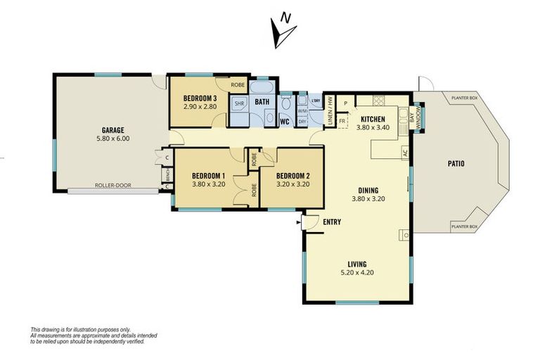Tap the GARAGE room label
(x=112, y=130)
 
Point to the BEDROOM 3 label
(x=200, y=98)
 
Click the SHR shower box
(x=239, y=103)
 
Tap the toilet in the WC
(x=285, y=106)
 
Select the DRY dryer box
(x=303, y=121)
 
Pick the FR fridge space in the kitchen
(x=342, y=121)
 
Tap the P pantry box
(x=345, y=103)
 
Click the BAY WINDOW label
(x=416, y=118)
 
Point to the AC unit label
(x=405, y=152)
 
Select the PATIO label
(x=455, y=165)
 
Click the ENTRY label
(x=332, y=222)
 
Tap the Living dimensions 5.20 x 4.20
(x=357, y=272)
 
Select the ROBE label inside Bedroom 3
(x=237, y=85)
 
